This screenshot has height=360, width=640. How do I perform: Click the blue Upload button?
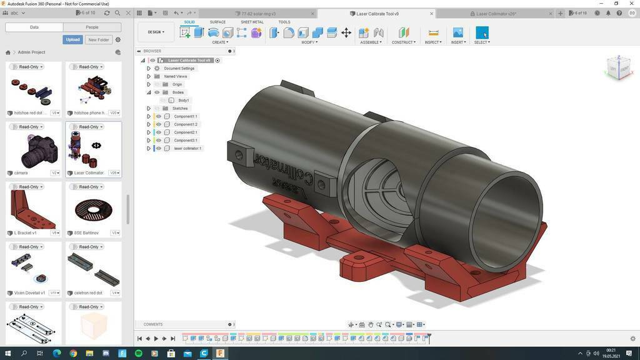tap(72, 39)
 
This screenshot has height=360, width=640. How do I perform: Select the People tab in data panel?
tap(92, 27)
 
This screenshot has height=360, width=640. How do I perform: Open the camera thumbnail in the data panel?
tap(34, 150)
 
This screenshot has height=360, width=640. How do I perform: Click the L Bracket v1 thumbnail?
tap(34, 210)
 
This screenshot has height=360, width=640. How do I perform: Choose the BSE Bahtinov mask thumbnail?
tap(94, 210)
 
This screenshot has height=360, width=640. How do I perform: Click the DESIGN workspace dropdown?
tap(156, 32)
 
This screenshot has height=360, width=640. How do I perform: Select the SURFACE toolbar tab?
tap(217, 22)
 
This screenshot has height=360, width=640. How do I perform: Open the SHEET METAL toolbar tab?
tap(252, 22)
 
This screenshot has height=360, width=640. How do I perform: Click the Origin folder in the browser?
tap(177, 84)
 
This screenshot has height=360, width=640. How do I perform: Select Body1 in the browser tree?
tap(183, 100)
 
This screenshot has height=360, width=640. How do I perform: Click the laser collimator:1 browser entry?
tap(187, 148)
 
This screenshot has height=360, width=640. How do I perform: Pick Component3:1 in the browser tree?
tap(186, 140)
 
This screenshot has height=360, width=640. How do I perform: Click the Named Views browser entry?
tap(176, 76)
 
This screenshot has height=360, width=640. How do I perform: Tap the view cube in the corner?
tap(619, 67)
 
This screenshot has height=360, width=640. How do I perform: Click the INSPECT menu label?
tap(433, 42)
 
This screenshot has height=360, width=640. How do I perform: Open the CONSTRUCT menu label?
tap(403, 42)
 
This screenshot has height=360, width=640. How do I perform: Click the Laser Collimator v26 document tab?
tap(496, 14)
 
